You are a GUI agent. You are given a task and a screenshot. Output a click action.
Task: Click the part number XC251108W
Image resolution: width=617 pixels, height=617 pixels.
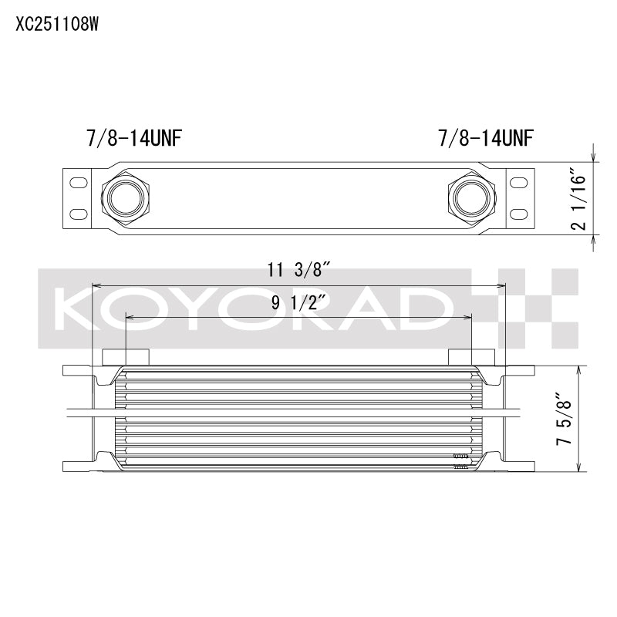(x=58, y=23)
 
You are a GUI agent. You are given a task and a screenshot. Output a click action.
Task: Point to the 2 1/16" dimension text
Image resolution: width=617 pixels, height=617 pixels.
(x=582, y=196)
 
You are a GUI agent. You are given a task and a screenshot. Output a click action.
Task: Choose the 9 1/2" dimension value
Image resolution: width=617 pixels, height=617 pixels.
(x=298, y=302)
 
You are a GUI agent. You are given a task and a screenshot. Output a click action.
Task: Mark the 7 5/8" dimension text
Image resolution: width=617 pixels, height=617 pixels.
(x=566, y=419)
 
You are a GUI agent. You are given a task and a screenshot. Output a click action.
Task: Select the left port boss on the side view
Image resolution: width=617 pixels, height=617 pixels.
(x=125, y=356)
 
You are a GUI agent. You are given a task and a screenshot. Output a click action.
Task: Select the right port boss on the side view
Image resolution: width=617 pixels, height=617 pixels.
(x=470, y=356)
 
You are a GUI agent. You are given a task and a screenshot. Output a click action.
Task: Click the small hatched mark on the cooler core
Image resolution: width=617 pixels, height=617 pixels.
(x=461, y=460)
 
